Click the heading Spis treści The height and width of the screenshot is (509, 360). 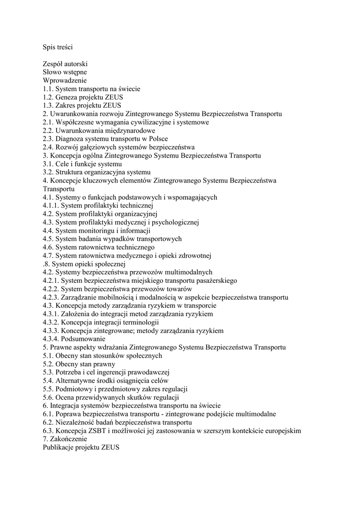pyautogui.click(x=58, y=47)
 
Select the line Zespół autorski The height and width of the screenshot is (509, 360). pyautogui.click(x=66, y=64)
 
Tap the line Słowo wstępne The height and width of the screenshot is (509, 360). pyautogui.click(x=65, y=72)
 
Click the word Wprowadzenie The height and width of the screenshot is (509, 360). pyautogui.click(x=65, y=81)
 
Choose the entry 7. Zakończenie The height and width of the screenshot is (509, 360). pyautogui.click(x=65, y=439)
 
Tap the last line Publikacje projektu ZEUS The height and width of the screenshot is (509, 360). pyautogui.click(x=81, y=447)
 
